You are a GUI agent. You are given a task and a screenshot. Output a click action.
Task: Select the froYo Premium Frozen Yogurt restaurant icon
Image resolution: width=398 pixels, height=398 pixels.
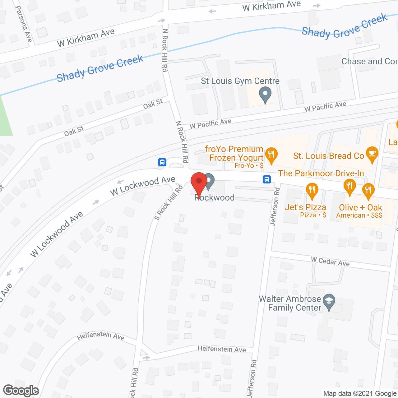tap(271, 155)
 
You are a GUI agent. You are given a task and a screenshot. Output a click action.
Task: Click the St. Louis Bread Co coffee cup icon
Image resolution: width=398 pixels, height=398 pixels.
tap(372, 155)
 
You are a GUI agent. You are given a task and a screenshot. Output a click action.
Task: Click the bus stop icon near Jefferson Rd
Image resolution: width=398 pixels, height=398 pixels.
tap(267, 179)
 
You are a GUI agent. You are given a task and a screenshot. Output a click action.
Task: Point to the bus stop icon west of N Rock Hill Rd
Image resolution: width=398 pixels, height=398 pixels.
tap(162, 162)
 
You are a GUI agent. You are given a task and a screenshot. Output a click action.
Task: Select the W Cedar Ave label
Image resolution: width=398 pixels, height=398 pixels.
tap(330, 261)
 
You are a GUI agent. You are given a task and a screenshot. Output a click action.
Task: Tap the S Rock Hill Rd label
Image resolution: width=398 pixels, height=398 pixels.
tap(168, 203)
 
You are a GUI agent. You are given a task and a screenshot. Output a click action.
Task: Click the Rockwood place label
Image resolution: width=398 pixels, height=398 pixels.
tap(215, 198)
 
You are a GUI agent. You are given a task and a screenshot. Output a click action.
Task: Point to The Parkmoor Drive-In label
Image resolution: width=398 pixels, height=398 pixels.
tap(321, 173)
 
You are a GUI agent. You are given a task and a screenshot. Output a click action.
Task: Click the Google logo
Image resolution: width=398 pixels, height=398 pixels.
tap(21, 391)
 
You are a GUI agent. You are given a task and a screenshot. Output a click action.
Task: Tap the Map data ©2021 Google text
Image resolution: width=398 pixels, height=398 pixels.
tap(360, 394)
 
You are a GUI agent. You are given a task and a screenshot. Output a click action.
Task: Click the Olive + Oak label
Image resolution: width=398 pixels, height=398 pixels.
tap(360, 207)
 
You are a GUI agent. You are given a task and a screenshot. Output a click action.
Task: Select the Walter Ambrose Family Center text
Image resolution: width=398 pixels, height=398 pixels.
tap(290, 303)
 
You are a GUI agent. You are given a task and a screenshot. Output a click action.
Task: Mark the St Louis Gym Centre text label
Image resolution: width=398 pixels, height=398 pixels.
tap(240, 81)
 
